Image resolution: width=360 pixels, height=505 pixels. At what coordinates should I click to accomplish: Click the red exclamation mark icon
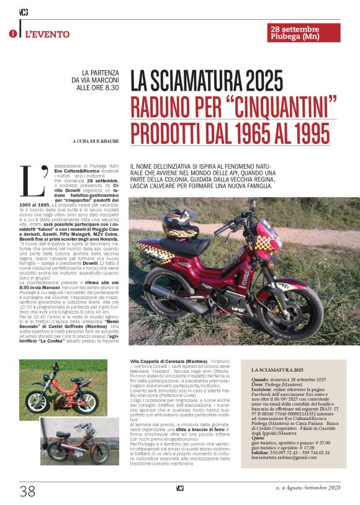click(12, 35)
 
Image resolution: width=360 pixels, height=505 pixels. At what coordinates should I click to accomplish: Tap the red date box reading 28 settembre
click(304, 33)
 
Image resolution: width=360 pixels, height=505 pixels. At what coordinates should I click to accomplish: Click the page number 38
click(28, 491)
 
